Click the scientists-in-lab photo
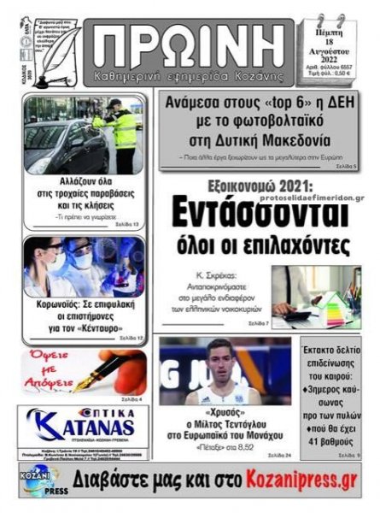(x=83, y=267)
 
